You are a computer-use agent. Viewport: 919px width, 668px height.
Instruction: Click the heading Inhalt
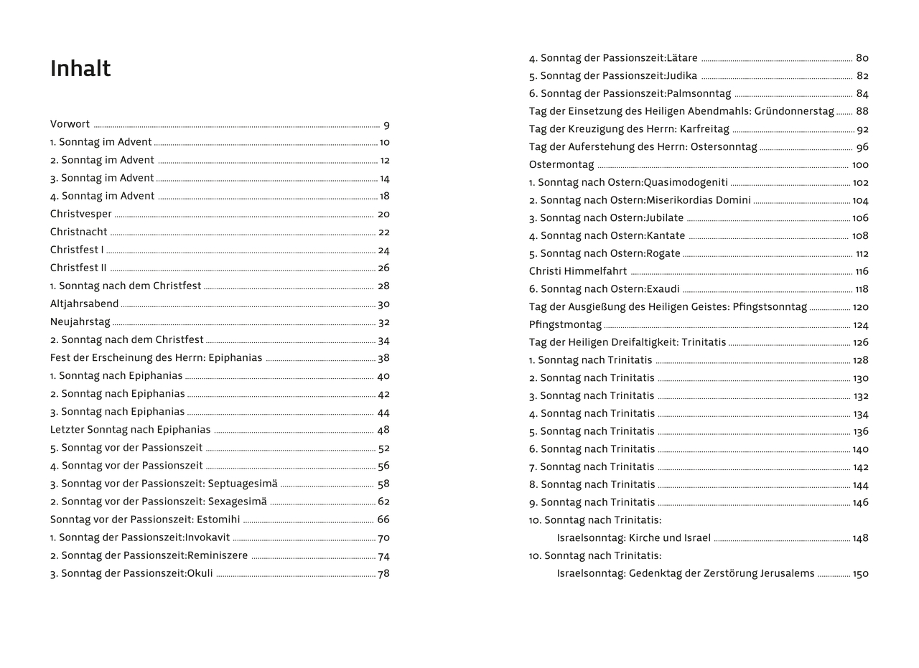(x=80, y=69)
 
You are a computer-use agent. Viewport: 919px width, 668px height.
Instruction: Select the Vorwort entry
(x=70, y=124)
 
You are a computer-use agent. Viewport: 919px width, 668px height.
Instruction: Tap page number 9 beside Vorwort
(x=386, y=125)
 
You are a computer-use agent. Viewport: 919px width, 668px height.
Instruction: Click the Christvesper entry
(x=81, y=214)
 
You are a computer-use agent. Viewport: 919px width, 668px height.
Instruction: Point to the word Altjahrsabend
(x=84, y=304)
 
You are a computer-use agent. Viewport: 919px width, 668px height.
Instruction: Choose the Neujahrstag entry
(x=80, y=322)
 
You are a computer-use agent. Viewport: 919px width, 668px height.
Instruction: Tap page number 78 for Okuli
(x=383, y=573)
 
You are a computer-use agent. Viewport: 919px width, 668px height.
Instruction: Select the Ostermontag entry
(x=561, y=164)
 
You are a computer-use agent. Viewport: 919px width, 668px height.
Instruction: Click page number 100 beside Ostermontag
(x=859, y=165)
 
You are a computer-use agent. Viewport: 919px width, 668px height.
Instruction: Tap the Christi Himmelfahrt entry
(x=578, y=271)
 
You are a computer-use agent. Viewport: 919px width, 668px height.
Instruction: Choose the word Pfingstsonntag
(x=770, y=307)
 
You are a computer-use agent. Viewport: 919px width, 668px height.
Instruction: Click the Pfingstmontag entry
(x=565, y=324)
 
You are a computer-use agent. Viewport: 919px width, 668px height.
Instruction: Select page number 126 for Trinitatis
(x=860, y=342)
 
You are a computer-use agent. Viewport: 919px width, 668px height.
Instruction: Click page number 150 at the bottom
(x=860, y=574)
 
